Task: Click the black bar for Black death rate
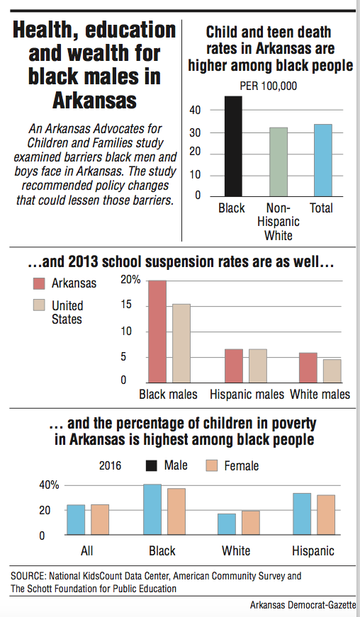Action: click(x=232, y=146)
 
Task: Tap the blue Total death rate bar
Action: click(x=322, y=160)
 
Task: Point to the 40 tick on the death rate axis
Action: click(x=196, y=111)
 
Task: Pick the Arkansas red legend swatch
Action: click(x=40, y=283)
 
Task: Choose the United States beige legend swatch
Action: click(x=40, y=305)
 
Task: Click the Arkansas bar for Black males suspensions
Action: click(x=157, y=332)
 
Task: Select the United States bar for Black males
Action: click(x=182, y=344)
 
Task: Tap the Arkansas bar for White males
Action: click(x=308, y=368)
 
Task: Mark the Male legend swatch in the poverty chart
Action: click(x=152, y=465)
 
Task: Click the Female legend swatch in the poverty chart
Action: click(x=213, y=465)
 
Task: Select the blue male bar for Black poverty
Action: click(x=152, y=510)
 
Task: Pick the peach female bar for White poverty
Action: click(x=251, y=523)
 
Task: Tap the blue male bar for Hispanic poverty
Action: click(x=303, y=514)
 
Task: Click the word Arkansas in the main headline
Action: click(x=94, y=99)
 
